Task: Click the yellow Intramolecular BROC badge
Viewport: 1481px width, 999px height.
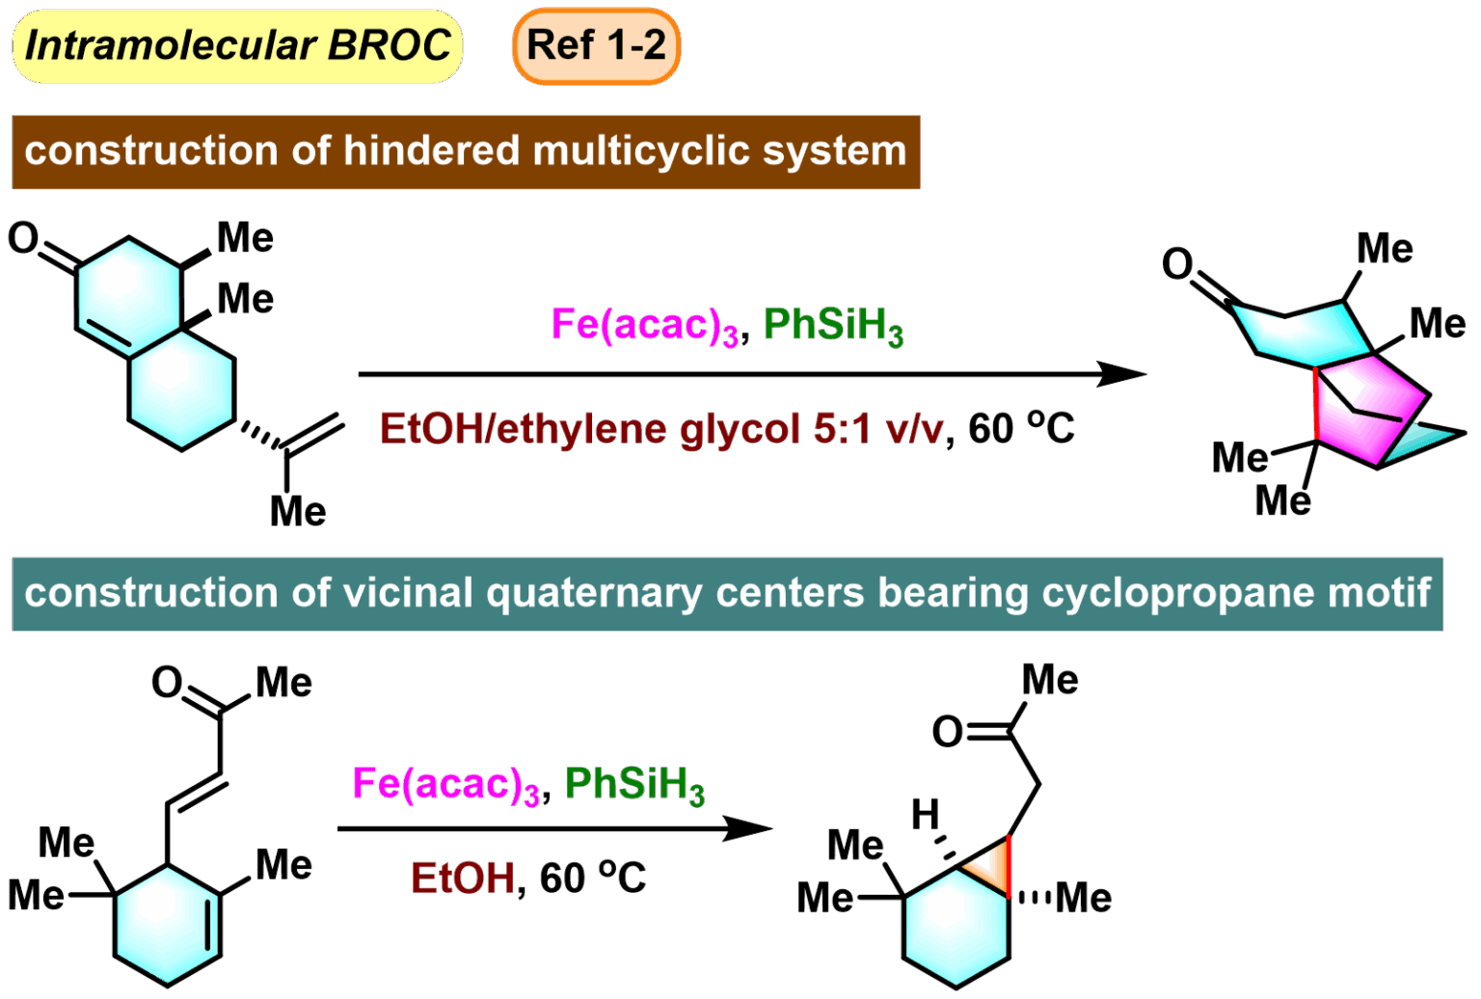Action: pyautogui.click(x=237, y=46)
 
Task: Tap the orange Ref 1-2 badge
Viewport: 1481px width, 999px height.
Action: pyautogui.click(x=596, y=46)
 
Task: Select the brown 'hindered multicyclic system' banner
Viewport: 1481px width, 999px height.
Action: pyautogui.click(x=466, y=151)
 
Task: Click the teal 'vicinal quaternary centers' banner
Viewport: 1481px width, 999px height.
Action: pyautogui.click(x=727, y=593)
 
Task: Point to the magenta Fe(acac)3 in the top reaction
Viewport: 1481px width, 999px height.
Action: pyautogui.click(x=644, y=325)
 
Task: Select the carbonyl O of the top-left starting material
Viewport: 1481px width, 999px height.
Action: pyautogui.click(x=23, y=237)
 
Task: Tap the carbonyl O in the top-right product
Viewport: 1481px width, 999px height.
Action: pyautogui.click(x=1177, y=262)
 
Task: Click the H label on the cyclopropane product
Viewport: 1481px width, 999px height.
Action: pyautogui.click(x=925, y=815)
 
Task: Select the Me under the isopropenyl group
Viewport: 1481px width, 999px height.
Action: pyautogui.click(x=298, y=511)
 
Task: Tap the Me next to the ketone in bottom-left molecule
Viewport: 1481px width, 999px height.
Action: pyautogui.click(x=283, y=683)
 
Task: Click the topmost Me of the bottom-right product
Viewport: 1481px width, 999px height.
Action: pyautogui.click(x=1050, y=680)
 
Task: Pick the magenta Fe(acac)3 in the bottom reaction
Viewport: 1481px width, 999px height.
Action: pyautogui.click(x=445, y=784)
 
